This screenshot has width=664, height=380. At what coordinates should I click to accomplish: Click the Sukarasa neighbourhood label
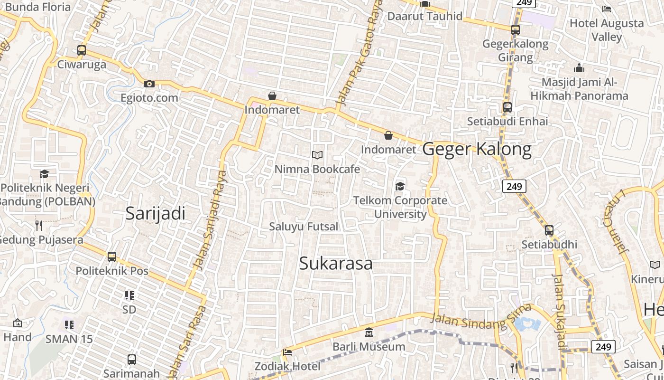click(x=335, y=264)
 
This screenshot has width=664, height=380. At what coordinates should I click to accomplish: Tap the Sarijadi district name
click(x=155, y=214)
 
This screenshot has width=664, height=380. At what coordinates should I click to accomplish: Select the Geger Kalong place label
click(x=477, y=149)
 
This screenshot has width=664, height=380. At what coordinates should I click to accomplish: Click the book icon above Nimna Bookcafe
click(x=317, y=155)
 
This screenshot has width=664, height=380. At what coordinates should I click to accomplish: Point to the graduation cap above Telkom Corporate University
click(x=400, y=186)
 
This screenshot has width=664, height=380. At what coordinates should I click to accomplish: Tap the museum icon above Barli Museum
click(x=369, y=332)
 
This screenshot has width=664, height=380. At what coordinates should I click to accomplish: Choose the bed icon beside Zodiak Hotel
click(x=287, y=352)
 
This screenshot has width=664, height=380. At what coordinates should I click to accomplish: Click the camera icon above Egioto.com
click(x=149, y=84)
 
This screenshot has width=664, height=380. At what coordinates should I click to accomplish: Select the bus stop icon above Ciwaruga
click(x=82, y=50)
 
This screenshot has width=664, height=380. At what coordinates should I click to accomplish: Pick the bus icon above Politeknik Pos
click(x=112, y=257)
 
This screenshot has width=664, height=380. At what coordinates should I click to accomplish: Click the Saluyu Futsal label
click(x=304, y=227)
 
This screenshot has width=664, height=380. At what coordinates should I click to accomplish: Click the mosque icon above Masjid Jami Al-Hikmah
click(x=579, y=68)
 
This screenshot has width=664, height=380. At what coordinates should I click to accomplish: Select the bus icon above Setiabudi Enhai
click(x=507, y=107)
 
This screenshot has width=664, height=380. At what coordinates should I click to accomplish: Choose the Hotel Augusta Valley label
click(x=607, y=29)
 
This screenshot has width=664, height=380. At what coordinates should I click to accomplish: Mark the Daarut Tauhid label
click(x=424, y=16)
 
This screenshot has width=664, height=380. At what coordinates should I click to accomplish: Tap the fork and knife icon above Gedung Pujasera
click(x=39, y=225)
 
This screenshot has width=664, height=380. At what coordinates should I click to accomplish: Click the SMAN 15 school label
click(x=69, y=339)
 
